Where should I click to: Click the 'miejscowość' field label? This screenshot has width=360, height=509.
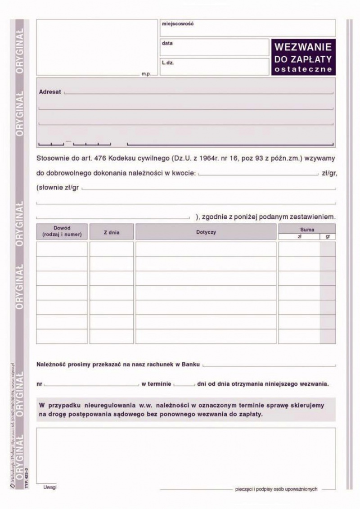click(178, 23)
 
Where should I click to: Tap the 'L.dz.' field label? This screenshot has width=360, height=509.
click(168, 63)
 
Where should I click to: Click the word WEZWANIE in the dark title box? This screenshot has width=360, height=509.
click(303, 47)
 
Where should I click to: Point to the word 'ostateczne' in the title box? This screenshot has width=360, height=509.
click(303, 69)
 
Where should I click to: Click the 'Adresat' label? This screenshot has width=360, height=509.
click(50, 91)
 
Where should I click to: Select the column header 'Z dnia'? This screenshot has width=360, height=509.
click(112, 232)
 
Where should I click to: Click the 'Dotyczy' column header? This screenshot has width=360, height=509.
click(206, 232)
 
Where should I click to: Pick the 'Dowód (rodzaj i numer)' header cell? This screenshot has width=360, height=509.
click(62, 231)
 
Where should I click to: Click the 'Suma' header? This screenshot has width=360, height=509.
click(307, 230)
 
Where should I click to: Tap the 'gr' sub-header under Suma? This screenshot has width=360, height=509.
click(328, 236)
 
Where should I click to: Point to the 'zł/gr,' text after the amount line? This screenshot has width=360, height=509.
click(329, 174)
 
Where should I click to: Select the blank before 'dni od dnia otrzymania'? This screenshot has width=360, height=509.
click(184, 385)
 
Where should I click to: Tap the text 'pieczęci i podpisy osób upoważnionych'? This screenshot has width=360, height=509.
click(276, 489)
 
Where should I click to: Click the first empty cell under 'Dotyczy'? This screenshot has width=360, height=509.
click(206, 249)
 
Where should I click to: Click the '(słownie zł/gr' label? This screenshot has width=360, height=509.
click(58, 187)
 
